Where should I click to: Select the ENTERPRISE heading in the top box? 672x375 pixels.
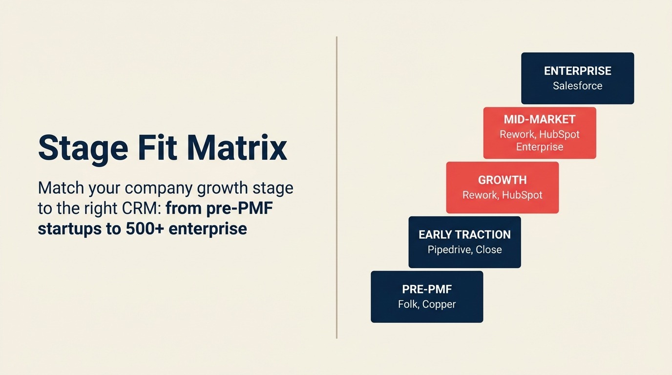pos(577,71)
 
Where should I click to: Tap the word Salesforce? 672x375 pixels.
pos(577,86)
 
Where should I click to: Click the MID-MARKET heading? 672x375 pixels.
pos(539,119)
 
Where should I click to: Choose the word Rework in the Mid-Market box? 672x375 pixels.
pos(517,134)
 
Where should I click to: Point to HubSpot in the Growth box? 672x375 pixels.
pos(522,195)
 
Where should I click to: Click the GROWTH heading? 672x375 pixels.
pos(502,180)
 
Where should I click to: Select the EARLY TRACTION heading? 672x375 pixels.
pos(464,234)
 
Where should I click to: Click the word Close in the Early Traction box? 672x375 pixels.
pos(488,250)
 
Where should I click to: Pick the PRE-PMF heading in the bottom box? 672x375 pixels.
pos(427,289)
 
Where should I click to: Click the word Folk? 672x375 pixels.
pos(408,304)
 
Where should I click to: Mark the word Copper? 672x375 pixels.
pos(439,304)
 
